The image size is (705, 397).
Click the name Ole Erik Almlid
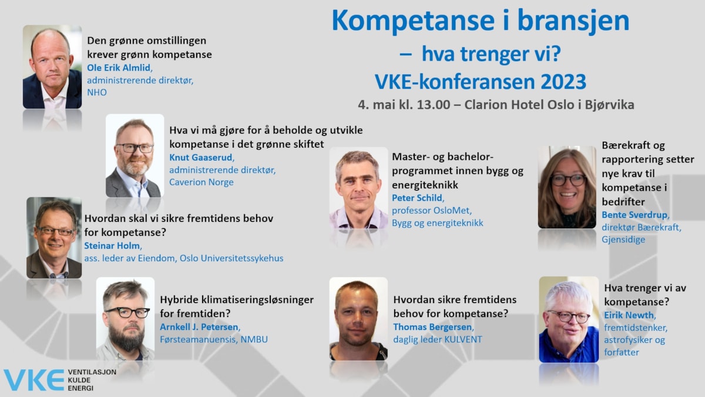pyautogui.click(x=119, y=68)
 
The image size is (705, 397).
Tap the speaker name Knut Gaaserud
pyautogui.click(x=201, y=157)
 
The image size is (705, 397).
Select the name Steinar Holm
pyautogui.click(x=112, y=245)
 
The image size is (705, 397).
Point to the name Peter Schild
pyautogui.click(x=417, y=198)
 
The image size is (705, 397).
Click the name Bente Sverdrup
pyautogui.click(x=634, y=215)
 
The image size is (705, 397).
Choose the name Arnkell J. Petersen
pyautogui.click(x=199, y=327)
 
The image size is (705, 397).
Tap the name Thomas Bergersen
pyautogui.click(x=433, y=327)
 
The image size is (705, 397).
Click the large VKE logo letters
pyautogui.click(x=34, y=381)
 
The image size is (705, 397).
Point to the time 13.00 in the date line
pyautogui.click(x=434, y=105)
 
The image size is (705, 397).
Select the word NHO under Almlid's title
pyautogui.click(x=97, y=92)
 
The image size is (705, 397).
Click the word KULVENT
pyautogui.click(x=464, y=339)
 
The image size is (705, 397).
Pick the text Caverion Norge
pyautogui.click(x=202, y=182)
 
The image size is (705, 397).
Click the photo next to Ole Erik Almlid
pyautogui.click(x=52, y=67)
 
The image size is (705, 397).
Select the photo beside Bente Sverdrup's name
pyautogui.click(x=567, y=187)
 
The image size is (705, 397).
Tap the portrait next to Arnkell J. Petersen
pyautogui.click(x=125, y=319)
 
